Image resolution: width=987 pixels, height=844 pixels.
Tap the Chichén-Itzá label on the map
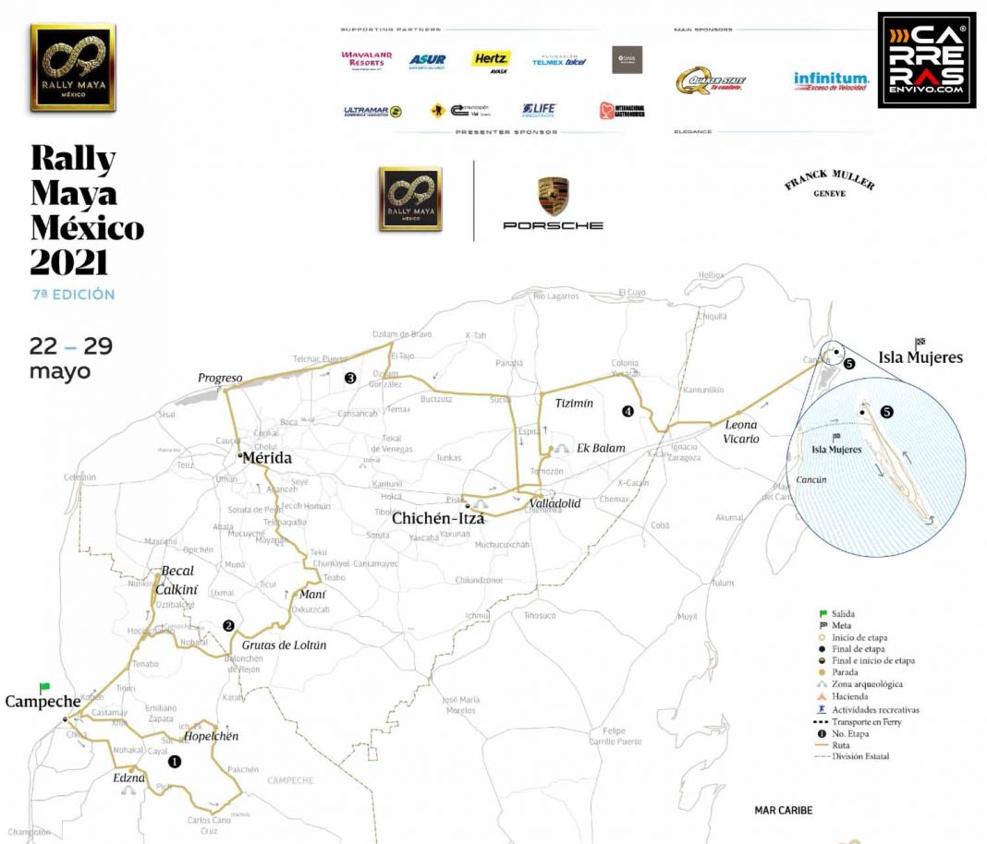coord(438,518)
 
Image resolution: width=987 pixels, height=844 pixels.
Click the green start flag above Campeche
coord(44,687)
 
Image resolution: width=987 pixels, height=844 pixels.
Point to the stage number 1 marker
coord(174,762)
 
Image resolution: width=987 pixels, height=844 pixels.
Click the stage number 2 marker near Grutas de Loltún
coord(228,625)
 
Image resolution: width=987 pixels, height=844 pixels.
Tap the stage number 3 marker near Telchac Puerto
coord(350,378)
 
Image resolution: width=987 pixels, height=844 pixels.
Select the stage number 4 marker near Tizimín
coord(628,411)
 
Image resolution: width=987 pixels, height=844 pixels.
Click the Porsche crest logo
coord(553,197)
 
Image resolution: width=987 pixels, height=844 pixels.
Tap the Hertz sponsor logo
coord(492,59)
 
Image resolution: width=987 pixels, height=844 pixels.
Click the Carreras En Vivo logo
coord(926,59)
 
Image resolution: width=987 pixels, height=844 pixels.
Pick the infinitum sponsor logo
coord(831,81)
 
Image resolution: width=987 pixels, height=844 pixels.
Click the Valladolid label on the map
coord(554,504)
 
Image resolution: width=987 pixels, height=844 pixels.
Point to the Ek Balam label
coord(601,449)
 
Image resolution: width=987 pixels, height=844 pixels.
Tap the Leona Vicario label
coord(741,431)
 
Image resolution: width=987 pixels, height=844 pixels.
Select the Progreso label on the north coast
coord(220,378)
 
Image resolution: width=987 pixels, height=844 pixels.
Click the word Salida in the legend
coord(843,613)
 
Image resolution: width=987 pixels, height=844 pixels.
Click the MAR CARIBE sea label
coord(783,810)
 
